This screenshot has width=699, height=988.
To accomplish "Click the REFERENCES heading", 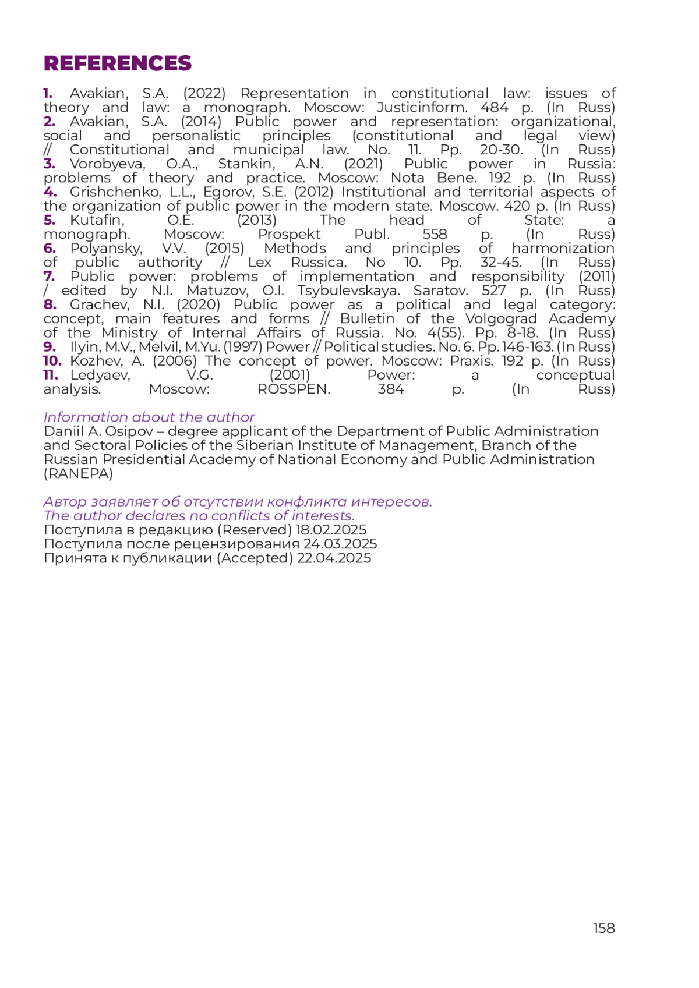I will click(117, 63).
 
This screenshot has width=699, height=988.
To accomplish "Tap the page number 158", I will click(603, 928).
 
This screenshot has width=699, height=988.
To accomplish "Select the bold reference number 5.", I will click(49, 220).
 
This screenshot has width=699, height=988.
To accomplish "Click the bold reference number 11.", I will click(51, 375).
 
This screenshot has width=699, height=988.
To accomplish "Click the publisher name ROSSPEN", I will click(294, 389).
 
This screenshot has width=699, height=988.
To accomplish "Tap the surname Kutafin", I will click(97, 220).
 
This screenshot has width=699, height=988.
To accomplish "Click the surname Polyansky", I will click(106, 249).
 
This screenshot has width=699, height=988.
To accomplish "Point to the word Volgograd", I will click(501, 319).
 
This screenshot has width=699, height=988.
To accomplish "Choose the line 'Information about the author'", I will click(149, 417).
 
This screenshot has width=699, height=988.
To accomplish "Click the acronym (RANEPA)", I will click(78, 474).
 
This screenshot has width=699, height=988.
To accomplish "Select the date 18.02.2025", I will click(331, 530).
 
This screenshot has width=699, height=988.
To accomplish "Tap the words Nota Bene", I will click(423, 178).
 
